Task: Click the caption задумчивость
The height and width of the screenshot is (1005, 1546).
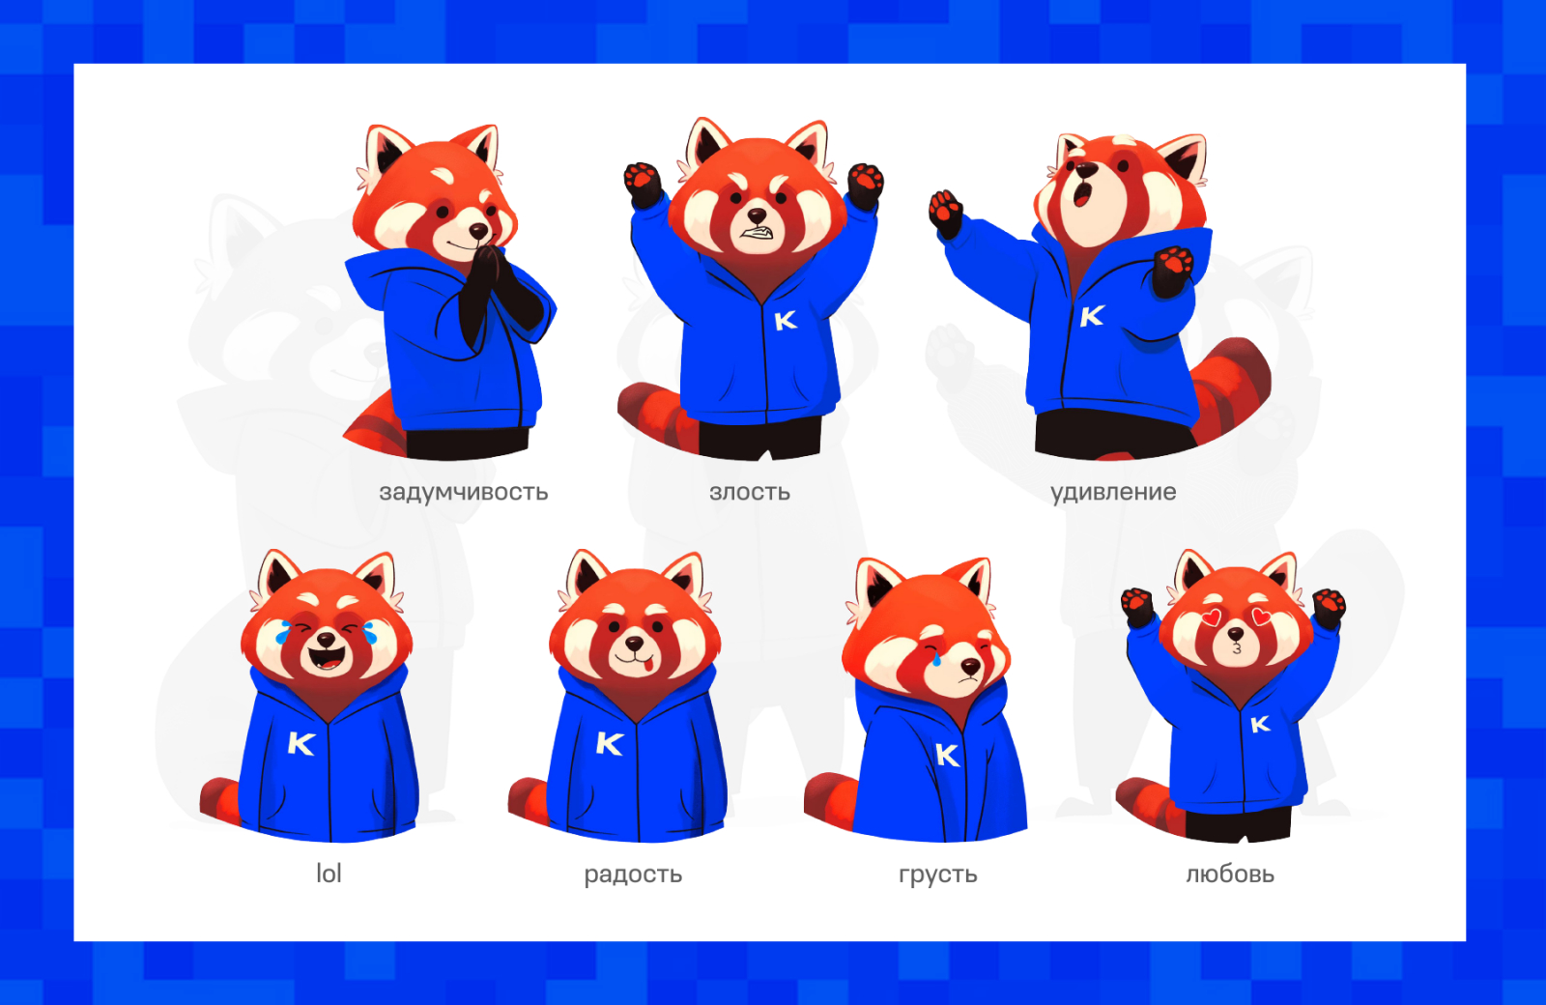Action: (463, 492)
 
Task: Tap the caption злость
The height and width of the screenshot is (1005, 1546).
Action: (750, 492)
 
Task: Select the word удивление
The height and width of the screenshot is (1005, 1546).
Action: (1113, 493)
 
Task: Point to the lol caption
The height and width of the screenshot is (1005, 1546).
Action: (329, 874)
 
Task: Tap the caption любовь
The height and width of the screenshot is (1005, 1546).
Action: (1230, 874)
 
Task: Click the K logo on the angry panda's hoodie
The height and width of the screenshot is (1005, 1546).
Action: (786, 320)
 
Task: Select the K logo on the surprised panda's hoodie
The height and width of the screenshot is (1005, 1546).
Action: (1092, 316)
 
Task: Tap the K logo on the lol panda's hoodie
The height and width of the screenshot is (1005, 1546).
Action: (301, 743)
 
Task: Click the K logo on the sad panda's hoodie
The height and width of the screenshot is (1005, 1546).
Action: (947, 755)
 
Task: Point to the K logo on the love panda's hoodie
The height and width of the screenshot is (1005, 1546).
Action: (1260, 724)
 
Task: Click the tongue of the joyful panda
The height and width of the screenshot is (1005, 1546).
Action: (646, 666)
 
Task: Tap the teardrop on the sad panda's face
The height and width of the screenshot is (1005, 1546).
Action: (935, 658)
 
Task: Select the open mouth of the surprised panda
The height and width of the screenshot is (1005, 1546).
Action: (1082, 193)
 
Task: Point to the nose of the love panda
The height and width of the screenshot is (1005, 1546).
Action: (1236, 634)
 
